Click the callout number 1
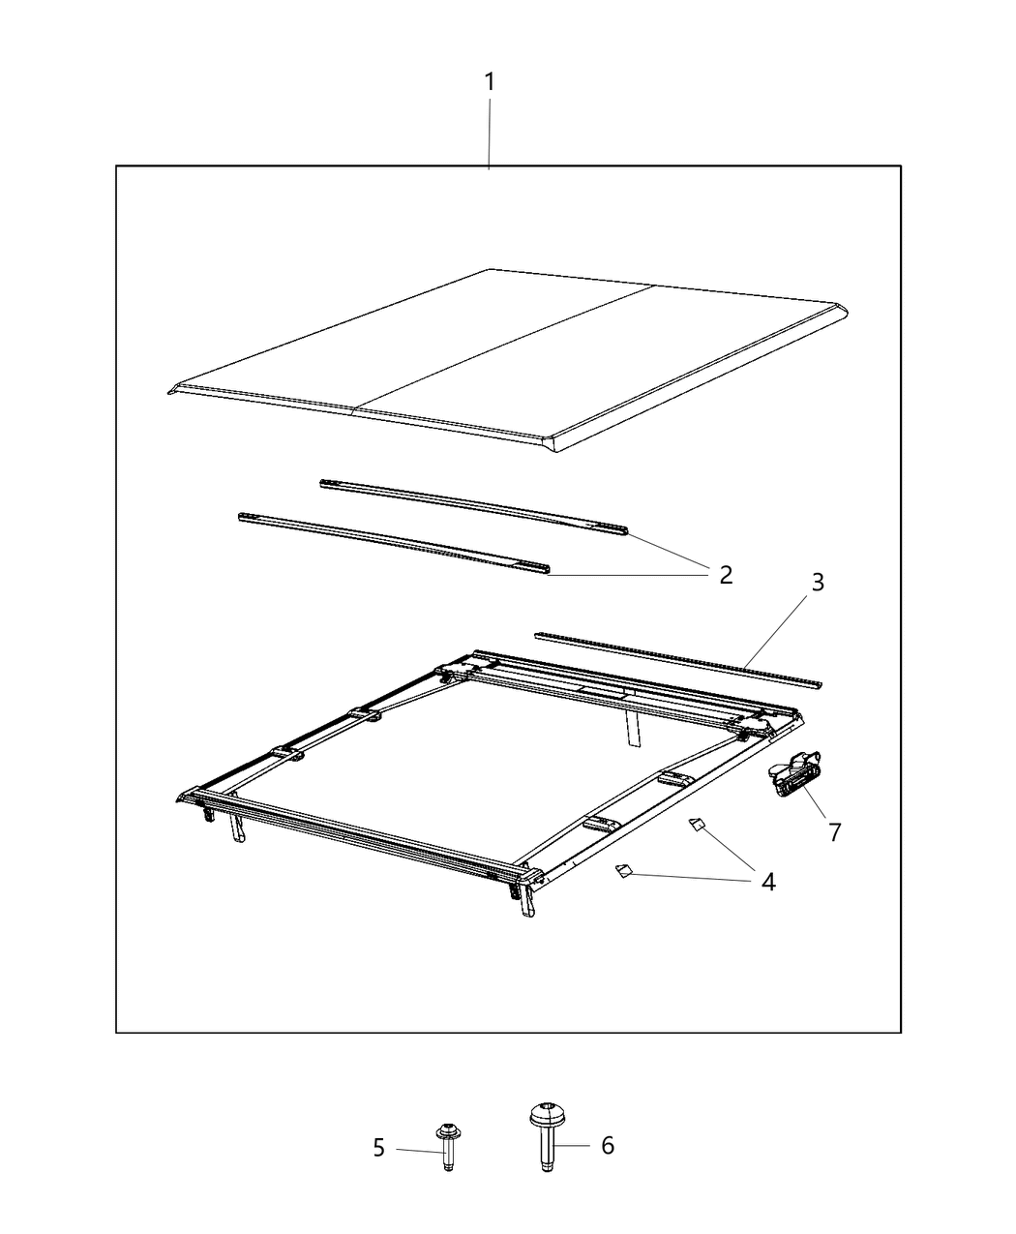tap(490, 82)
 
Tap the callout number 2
tap(726, 575)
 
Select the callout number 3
tap(818, 583)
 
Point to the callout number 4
tap(768, 883)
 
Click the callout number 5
tap(379, 1148)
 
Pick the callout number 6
tap(608, 1145)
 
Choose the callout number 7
tap(834, 832)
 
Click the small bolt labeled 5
tap(448, 1147)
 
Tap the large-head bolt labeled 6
tap(547, 1136)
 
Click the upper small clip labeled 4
tap(698, 824)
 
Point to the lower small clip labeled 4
tap(623, 870)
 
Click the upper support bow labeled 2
tap(473, 507)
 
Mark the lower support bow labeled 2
tap(394, 543)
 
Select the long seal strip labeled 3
tap(678, 660)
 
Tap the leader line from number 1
tap(490, 135)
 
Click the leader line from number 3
tap(776, 632)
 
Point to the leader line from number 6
tap(572, 1145)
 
